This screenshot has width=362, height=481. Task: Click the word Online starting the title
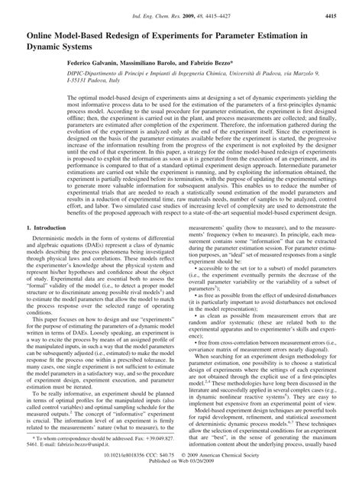(39, 34)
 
